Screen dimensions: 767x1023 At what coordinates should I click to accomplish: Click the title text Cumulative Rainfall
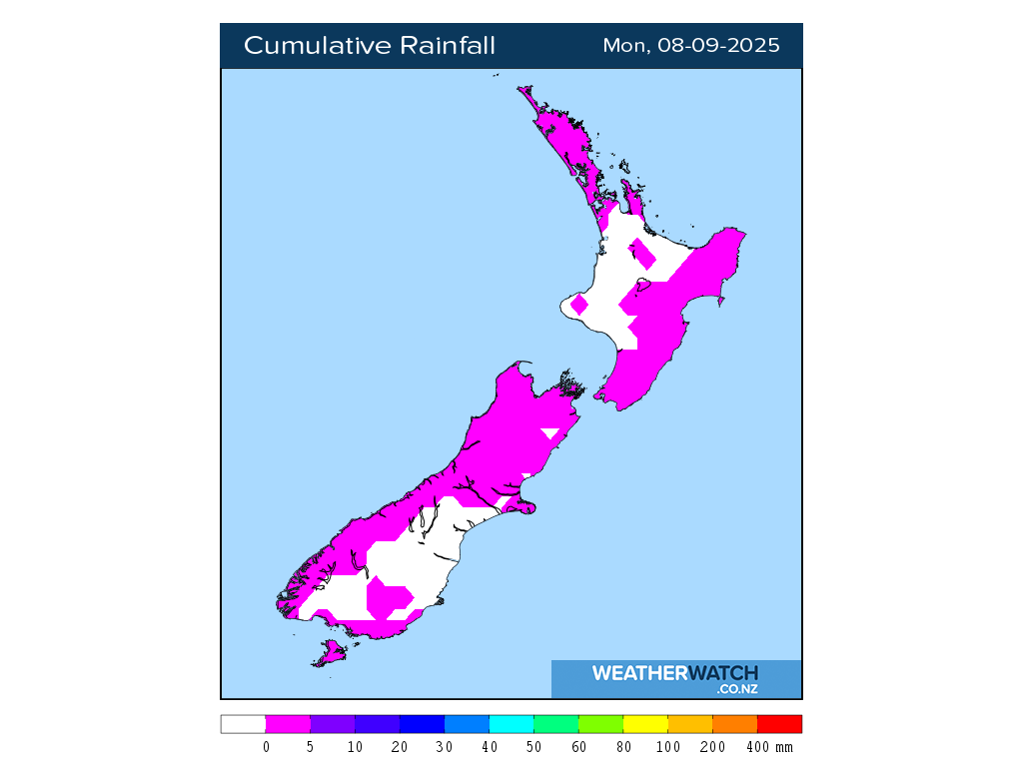[370, 46]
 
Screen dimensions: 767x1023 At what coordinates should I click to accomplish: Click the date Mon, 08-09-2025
[691, 46]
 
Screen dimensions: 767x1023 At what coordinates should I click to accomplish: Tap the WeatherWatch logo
[675, 678]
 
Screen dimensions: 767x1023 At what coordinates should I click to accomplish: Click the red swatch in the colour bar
[779, 724]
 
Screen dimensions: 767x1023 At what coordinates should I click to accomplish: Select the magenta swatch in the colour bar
[288, 724]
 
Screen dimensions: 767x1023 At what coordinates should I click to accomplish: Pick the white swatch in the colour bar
[243, 724]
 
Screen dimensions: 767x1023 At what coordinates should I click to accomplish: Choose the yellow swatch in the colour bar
[645, 724]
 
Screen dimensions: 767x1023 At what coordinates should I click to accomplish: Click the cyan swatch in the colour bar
[511, 724]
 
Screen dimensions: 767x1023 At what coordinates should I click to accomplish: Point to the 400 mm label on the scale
[769, 747]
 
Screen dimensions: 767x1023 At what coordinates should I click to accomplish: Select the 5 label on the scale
[311, 747]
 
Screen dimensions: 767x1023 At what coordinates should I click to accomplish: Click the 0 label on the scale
[266, 747]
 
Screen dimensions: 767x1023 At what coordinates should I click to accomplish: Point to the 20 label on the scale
[400, 747]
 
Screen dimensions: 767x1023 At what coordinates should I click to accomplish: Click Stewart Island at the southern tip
[331, 654]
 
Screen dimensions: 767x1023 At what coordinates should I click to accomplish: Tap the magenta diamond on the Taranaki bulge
[579, 304]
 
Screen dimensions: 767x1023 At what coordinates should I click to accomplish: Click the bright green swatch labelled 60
[600, 724]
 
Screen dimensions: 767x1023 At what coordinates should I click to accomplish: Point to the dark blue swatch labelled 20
[422, 724]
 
